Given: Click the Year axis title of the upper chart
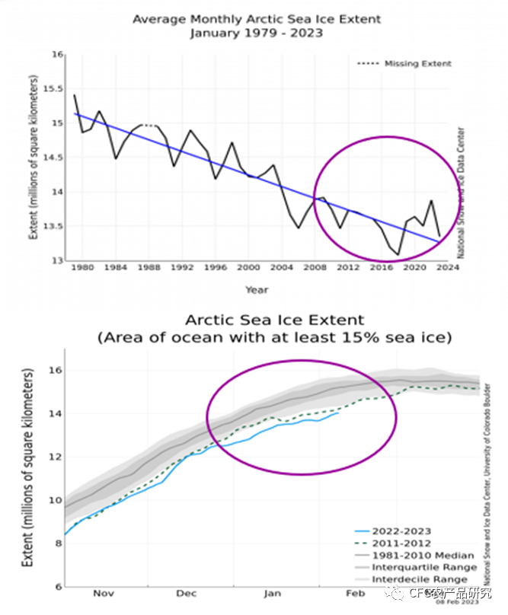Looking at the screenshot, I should pyautogui.click(x=256, y=289).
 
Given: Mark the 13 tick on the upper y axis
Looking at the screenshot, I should pyautogui.click(x=58, y=261).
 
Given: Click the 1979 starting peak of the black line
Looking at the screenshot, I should pyautogui.click(x=75, y=95).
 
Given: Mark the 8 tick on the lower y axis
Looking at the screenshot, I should pyautogui.click(x=56, y=543).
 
